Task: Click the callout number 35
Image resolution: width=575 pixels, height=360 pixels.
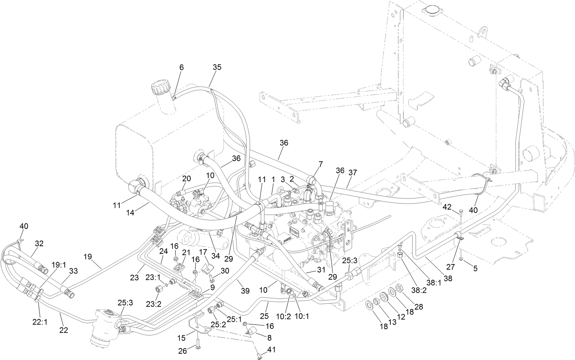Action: click(217, 68)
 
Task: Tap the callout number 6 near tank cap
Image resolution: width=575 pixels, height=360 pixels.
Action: click(181, 68)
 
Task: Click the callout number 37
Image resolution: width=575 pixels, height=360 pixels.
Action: click(352, 172)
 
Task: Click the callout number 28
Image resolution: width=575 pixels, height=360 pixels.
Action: click(418, 307)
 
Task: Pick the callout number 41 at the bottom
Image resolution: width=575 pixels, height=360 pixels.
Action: click(272, 349)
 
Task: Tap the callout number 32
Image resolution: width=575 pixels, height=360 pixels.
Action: click(39, 244)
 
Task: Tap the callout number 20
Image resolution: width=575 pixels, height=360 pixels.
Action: click(186, 179)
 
